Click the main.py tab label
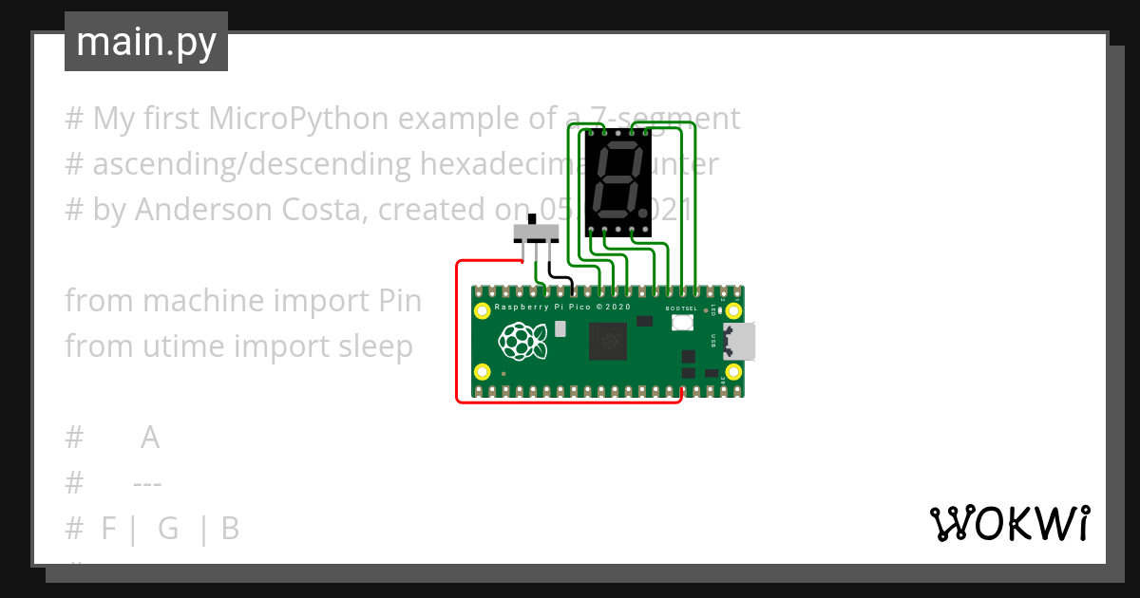coord(145,43)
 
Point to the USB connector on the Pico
coord(739,342)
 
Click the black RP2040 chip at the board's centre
coord(607,341)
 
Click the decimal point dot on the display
coord(644,212)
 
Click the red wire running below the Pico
coord(570,402)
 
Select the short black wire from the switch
coord(562,277)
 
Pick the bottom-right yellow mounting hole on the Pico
coord(732,372)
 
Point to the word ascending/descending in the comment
coord(251,164)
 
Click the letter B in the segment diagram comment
coord(230,529)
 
